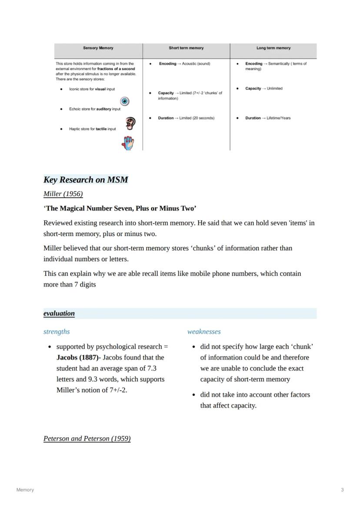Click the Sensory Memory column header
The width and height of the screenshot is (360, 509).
pos(98,48)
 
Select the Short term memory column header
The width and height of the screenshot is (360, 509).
pos(186,48)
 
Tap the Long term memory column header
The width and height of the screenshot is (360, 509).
pos(273,48)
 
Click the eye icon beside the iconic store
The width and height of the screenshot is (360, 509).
pos(125,101)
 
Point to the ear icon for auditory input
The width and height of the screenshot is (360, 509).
pos(130,123)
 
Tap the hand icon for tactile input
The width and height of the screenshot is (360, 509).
pos(128,143)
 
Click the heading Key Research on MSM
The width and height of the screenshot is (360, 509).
pos(86,180)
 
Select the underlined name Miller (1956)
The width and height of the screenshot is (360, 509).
pos(63,193)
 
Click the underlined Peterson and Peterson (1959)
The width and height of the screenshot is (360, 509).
pos(87,438)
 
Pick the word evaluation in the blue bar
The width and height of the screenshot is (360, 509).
pos(59,313)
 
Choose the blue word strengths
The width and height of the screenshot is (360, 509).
pos(57,332)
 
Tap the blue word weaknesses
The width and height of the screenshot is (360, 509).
pos(204,332)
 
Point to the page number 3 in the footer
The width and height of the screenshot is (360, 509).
pos(342,490)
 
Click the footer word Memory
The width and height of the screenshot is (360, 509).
pos(25,490)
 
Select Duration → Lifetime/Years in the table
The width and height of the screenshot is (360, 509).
pos(268,118)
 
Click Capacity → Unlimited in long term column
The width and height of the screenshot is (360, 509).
pos(263,89)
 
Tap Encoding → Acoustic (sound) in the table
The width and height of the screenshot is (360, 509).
pos(184,64)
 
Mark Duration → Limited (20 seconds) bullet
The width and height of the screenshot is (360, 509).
pos(186,118)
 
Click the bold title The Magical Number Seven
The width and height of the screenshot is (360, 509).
pos(120,208)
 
